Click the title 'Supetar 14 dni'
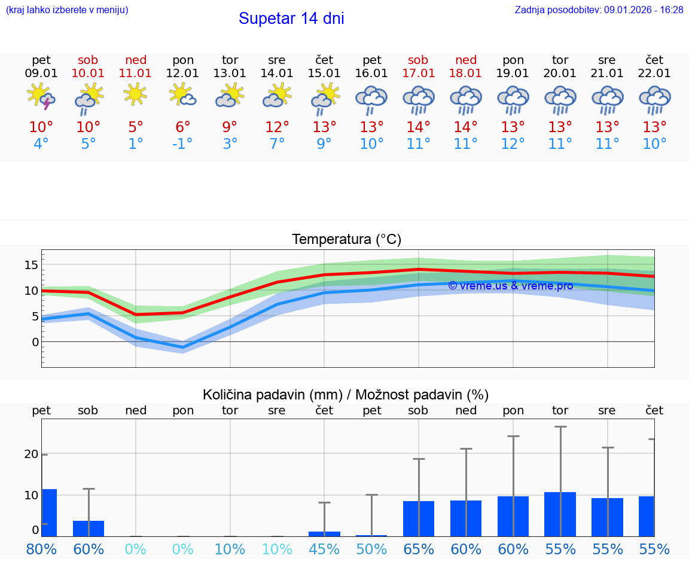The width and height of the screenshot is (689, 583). point(291,19)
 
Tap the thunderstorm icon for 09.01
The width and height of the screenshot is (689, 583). point(41,97)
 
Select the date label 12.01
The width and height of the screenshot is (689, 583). point(182,74)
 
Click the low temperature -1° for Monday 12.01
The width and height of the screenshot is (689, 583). point(182,144)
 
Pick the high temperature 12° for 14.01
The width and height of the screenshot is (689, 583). point(277,127)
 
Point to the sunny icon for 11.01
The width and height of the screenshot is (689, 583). point(135,94)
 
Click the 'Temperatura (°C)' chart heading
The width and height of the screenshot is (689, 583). point(346,240)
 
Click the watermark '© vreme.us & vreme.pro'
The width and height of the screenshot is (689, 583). point(510,286)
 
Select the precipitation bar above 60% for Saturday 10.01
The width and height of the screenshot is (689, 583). point(89,529)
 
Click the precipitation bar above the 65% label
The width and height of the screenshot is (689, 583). point(419,518)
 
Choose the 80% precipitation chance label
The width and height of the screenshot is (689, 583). point(41,550)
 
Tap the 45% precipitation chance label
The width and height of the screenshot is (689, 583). point(324,550)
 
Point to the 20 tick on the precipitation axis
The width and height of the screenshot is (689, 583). point(31,454)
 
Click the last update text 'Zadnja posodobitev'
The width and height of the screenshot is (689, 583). point(599,10)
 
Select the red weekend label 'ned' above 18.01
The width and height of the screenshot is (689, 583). point(466,60)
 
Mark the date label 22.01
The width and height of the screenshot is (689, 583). point(654,74)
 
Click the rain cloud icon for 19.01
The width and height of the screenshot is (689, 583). point(513,99)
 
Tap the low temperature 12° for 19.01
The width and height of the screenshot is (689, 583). point(513,144)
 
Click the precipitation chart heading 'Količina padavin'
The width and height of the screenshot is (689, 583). point(346,395)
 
